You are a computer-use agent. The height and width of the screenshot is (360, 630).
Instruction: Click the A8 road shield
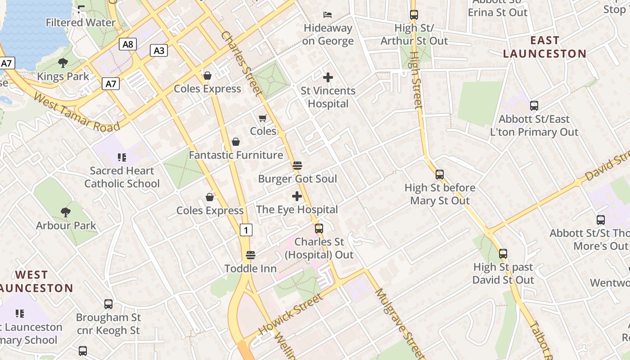pos(128,44)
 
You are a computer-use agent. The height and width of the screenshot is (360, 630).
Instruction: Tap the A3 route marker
pos(159,50)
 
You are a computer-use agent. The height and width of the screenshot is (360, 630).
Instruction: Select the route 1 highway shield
pos(246,230)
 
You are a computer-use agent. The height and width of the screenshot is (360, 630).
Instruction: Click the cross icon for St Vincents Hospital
pos(328,77)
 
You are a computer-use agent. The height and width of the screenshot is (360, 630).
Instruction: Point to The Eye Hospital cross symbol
pos(297,196)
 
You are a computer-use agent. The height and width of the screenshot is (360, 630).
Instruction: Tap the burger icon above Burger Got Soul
pos(297,166)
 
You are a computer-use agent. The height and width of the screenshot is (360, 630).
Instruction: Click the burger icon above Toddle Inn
pos(251,255)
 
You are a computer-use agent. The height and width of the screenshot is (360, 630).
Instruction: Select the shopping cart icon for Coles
pos(263,118)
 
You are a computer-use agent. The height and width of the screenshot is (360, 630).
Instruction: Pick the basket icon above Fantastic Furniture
pos(236,142)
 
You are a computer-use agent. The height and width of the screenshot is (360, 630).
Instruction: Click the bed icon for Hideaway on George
pos(328,15)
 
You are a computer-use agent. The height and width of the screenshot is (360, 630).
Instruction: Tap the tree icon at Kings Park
pos(63,63)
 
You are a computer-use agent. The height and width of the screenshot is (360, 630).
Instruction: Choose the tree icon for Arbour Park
pos(66,212)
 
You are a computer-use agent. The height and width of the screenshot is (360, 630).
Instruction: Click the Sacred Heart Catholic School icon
pos(121,157)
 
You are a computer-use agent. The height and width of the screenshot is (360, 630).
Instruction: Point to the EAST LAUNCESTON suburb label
pos(544,47)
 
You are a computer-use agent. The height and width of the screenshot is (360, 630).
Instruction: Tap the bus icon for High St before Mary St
pos(440,174)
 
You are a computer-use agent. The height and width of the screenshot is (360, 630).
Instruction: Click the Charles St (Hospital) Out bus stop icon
pos(319,228)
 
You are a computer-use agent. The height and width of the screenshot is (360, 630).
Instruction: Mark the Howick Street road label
pos(291,315)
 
